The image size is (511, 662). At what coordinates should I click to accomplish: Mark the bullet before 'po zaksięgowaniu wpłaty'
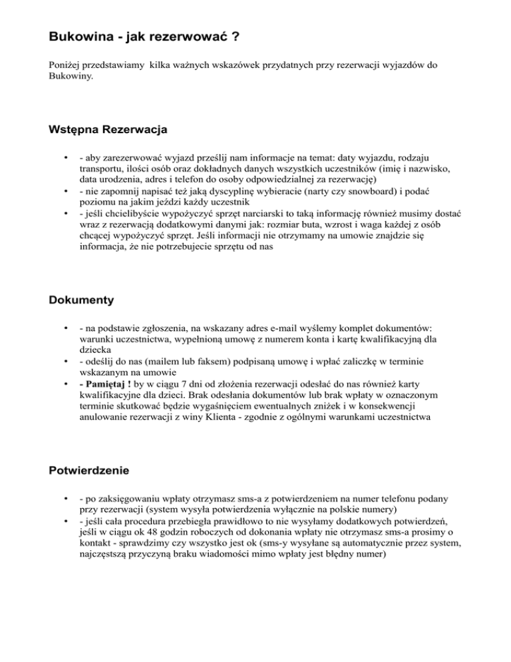click(x=65, y=497)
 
